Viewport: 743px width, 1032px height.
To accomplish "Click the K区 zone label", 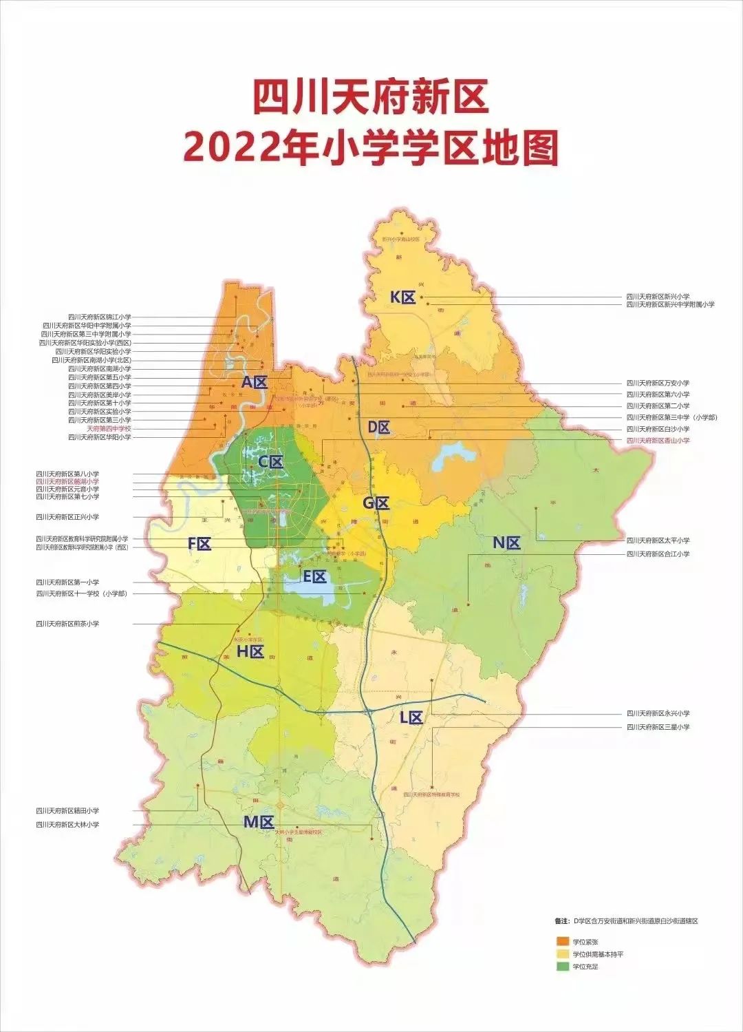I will (x=402, y=297).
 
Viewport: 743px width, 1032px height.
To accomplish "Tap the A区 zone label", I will (x=254, y=381).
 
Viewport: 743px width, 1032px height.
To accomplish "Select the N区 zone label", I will (x=506, y=543).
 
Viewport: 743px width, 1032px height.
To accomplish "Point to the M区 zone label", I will (x=259, y=821).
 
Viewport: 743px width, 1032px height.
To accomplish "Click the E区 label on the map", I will (x=315, y=577).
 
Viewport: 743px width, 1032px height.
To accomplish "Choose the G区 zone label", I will (x=376, y=503).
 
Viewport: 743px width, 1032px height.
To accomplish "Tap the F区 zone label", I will (x=200, y=544).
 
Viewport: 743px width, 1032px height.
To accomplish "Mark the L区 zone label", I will (x=411, y=717).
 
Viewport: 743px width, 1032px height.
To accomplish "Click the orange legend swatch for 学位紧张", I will (x=563, y=941).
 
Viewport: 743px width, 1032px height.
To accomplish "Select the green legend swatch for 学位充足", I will (x=563, y=967).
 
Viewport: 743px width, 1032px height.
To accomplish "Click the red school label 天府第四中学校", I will (x=109, y=428).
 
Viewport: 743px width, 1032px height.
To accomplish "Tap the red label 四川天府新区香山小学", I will (x=657, y=440).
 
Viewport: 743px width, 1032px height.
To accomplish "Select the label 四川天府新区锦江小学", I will (x=99, y=317).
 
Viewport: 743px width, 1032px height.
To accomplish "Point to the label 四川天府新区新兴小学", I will (x=657, y=296).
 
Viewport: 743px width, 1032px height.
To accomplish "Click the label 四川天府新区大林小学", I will (x=67, y=824).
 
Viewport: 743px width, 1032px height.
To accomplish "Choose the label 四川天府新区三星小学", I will (x=657, y=727).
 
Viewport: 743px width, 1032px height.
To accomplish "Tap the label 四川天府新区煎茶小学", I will (x=67, y=624).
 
